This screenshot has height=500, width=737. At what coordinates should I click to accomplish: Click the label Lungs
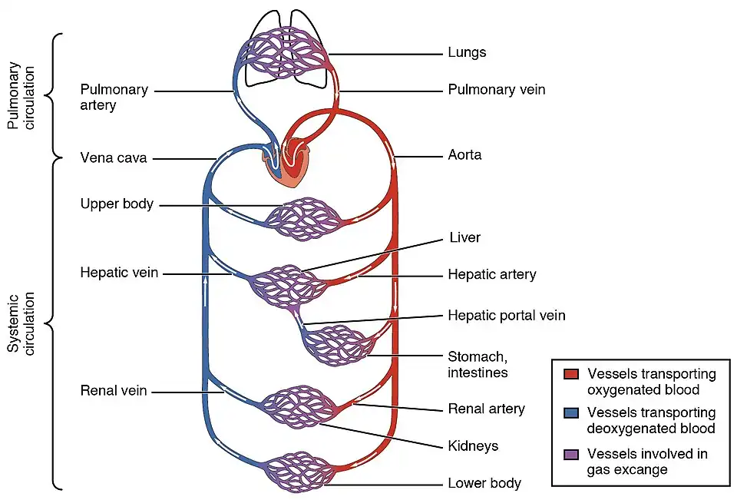[x=467, y=53]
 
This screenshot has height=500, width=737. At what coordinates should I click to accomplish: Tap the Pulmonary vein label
[x=496, y=90]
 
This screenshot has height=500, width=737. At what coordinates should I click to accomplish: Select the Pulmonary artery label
[x=114, y=97]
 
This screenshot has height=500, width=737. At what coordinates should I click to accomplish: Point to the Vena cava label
[x=113, y=159]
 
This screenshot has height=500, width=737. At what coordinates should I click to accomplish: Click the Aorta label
[x=464, y=155]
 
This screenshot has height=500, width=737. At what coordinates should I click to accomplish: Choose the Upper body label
[x=117, y=204]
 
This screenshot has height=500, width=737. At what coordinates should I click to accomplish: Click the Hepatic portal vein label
[x=506, y=316]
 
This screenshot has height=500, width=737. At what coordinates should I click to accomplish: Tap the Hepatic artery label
[x=491, y=274]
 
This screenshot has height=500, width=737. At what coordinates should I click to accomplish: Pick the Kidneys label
[x=473, y=445]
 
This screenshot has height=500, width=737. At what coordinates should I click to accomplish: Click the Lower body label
[x=484, y=483]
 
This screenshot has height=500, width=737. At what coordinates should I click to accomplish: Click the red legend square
[x=570, y=375]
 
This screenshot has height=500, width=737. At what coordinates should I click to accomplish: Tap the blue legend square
[x=570, y=414]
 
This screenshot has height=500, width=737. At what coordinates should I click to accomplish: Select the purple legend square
[x=570, y=454]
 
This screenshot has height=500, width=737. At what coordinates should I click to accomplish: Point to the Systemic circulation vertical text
[x=24, y=323]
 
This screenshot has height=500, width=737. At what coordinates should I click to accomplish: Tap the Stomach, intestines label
[x=477, y=365]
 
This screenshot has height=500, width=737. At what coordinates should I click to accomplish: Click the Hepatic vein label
[x=119, y=273]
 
